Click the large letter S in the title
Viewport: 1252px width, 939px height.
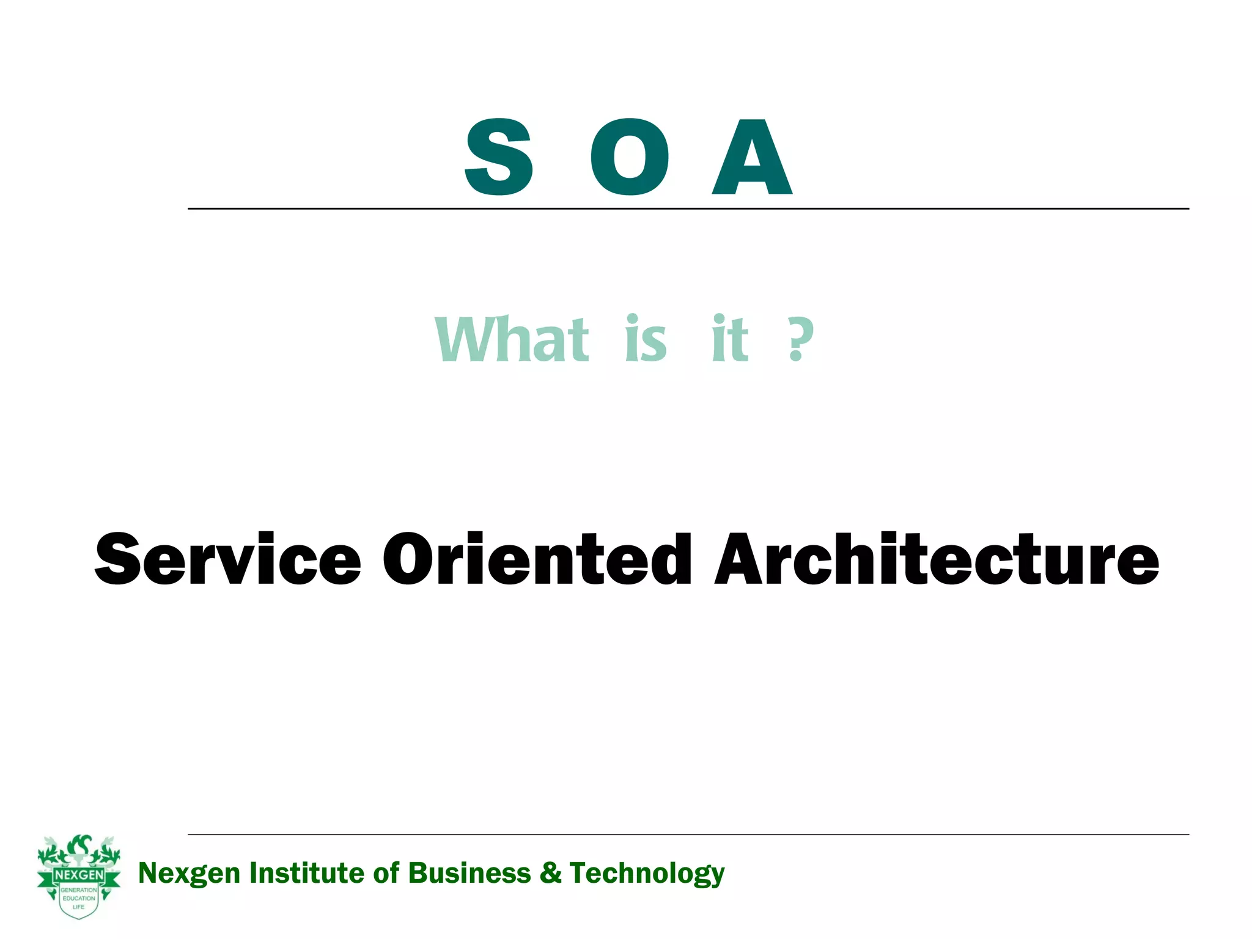click(x=499, y=157)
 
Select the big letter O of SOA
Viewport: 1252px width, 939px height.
click(x=629, y=157)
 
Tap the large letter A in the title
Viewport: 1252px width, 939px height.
click(x=753, y=157)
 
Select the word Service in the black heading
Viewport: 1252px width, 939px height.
click(x=227, y=559)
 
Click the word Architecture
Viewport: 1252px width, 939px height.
click(x=937, y=559)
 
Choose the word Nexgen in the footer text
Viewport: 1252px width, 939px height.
click(x=189, y=874)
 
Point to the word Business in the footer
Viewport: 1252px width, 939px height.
click(x=469, y=873)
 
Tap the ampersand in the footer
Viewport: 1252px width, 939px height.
click(x=550, y=873)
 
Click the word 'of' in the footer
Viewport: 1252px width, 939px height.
click(x=386, y=873)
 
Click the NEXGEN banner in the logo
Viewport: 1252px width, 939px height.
click(x=79, y=875)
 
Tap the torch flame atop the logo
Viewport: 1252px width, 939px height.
click(x=79, y=846)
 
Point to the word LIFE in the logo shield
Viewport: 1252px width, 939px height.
click(x=79, y=907)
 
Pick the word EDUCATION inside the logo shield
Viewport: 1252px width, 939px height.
click(x=79, y=898)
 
